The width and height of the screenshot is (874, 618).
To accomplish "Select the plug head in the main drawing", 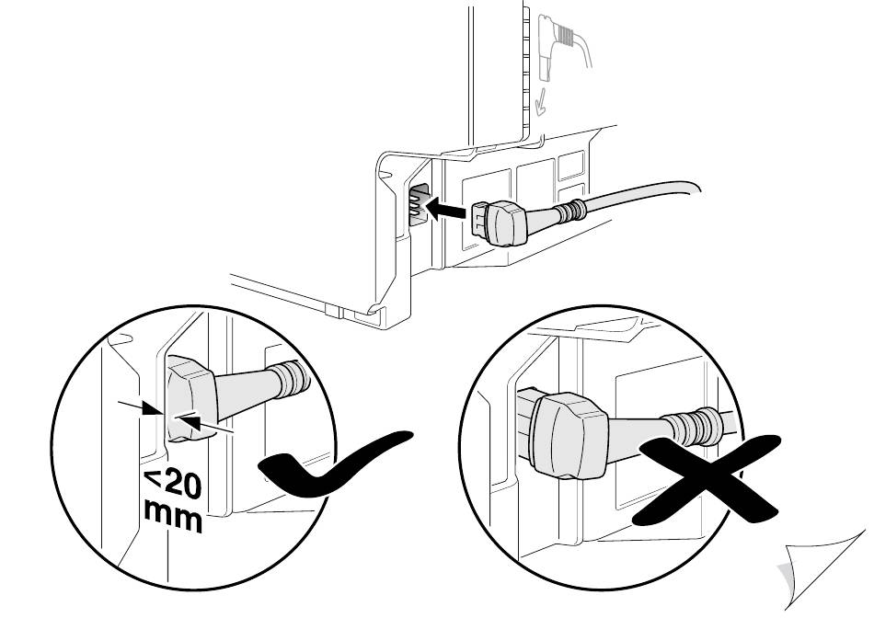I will pos(515,223).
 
